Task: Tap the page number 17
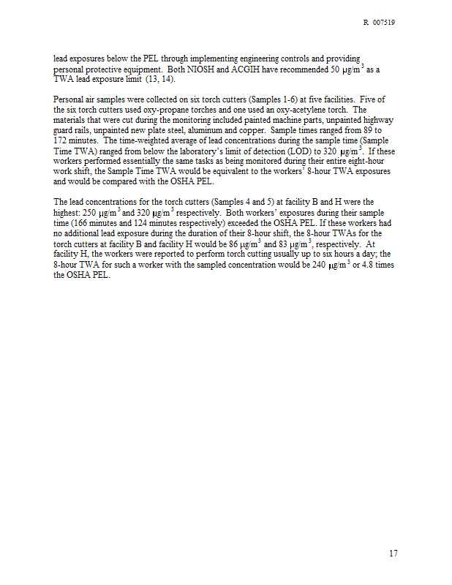tap(393, 554)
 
